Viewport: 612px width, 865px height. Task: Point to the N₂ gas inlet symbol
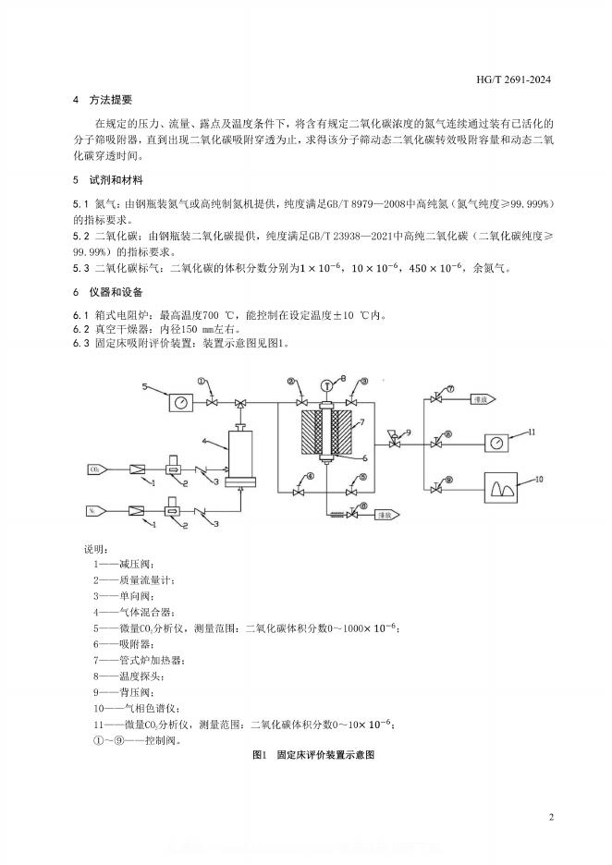pos(95,510)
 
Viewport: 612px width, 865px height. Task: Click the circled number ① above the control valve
pos(203,381)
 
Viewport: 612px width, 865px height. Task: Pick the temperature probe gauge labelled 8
pos(326,384)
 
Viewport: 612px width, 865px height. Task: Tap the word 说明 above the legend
pos(96,549)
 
